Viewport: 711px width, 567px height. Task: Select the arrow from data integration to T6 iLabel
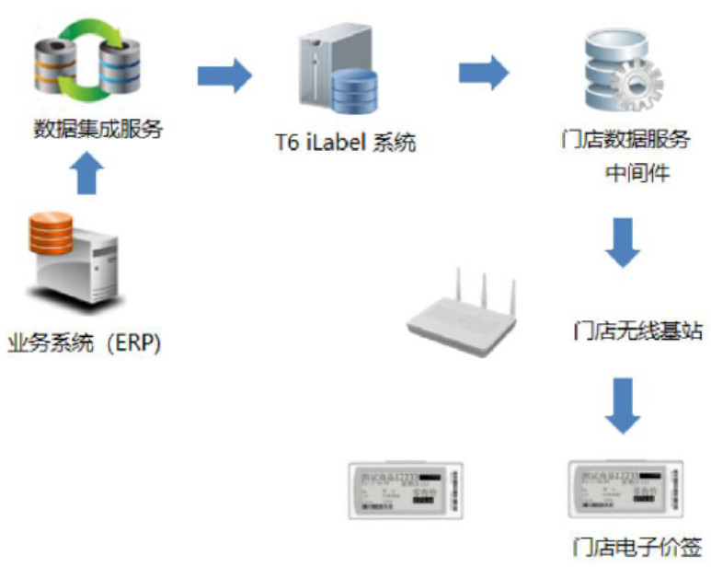click(224, 75)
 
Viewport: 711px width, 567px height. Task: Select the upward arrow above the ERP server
click(86, 173)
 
